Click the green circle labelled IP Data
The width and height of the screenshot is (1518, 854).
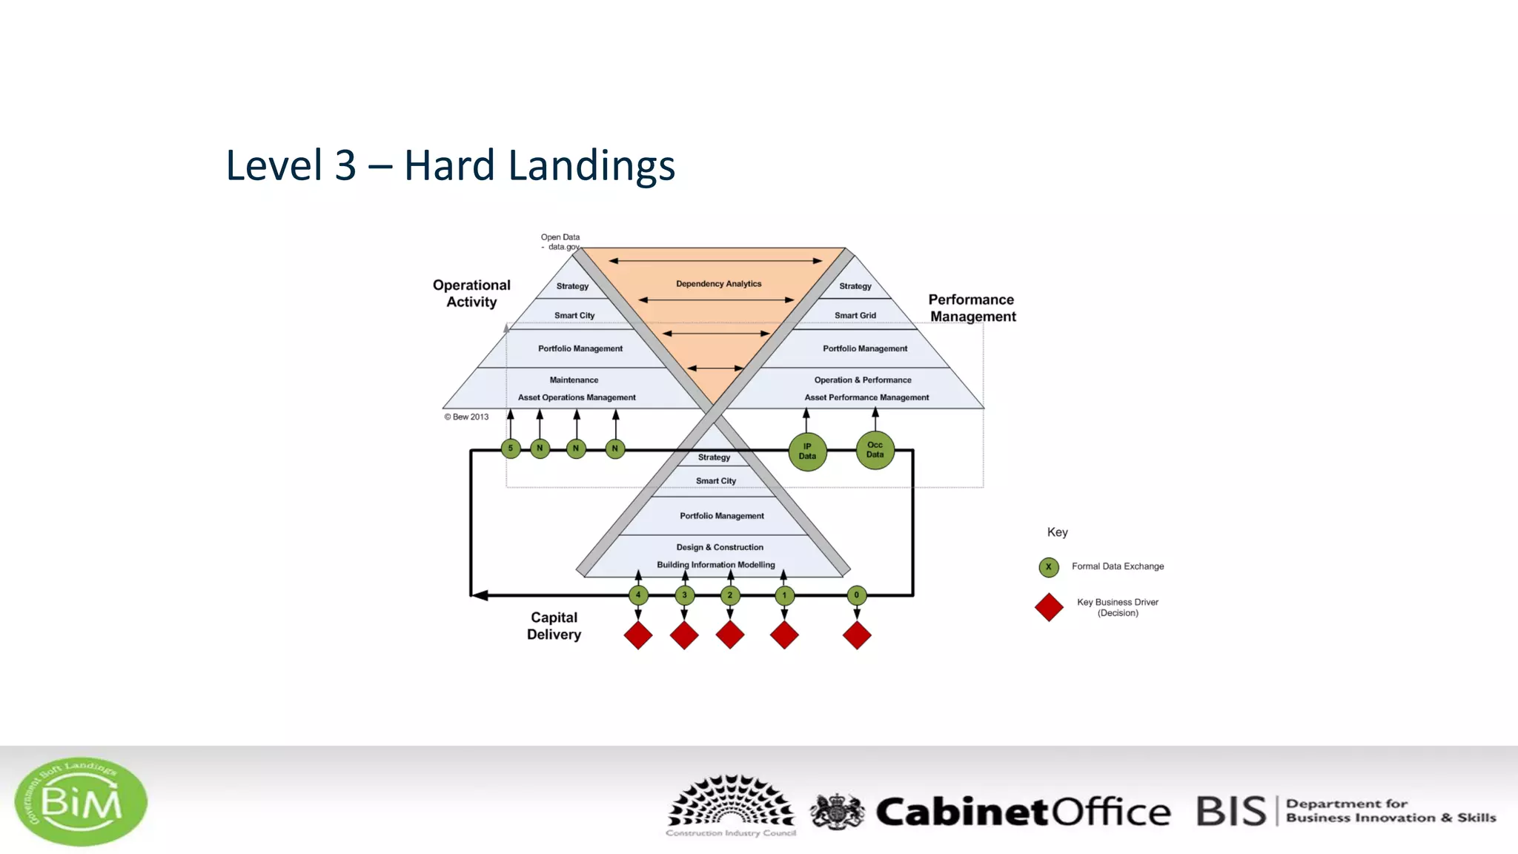click(807, 451)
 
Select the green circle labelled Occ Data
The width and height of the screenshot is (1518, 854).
click(875, 450)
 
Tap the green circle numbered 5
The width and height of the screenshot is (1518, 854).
click(511, 448)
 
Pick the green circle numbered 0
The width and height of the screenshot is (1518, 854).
click(856, 595)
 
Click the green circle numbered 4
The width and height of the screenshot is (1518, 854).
click(638, 595)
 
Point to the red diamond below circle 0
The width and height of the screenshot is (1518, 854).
click(857, 635)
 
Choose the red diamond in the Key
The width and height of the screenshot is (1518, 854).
click(1049, 607)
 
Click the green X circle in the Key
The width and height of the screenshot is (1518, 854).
click(1048, 567)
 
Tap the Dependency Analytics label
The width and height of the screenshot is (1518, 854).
click(718, 284)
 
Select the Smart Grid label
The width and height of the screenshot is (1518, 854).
click(855, 316)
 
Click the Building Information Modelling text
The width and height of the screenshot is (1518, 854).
click(715, 565)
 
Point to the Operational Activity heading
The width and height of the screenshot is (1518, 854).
click(471, 294)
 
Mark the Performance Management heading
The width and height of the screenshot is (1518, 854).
click(972, 308)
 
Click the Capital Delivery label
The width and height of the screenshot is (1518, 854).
click(554, 626)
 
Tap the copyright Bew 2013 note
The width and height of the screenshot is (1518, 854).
click(466, 417)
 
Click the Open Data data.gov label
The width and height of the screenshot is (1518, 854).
click(560, 242)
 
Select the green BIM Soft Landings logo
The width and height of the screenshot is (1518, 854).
click(81, 801)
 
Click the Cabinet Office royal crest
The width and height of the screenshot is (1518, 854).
click(837, 811)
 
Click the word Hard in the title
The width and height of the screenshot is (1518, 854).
click(448, 165)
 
